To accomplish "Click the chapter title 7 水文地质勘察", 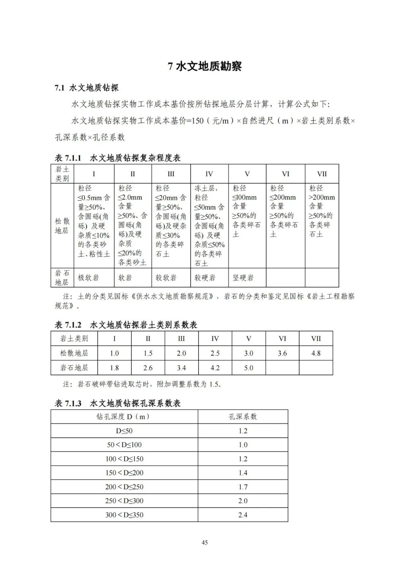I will (x=205, y=66).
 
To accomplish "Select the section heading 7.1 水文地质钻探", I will (x=87, y=88).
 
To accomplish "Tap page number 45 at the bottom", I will (x=205, y=542).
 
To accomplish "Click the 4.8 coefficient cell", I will (x=316, y=353).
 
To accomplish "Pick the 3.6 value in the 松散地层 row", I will (x=282, y=353).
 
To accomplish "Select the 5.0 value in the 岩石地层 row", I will (x=249, y=368).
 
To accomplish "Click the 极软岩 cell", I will (x=88, y=278).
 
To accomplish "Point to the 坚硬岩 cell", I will (x=243, y=278).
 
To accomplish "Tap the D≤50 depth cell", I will (x=124, y=431).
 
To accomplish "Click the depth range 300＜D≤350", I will (x=124, y=515).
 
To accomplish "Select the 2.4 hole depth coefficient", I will (x=243, y=515).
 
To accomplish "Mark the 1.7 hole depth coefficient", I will (x=243, y=487).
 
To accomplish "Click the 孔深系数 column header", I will (x=243, y=417).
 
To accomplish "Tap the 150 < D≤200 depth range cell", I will (x=124, y=473).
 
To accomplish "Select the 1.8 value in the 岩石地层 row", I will (x=114, y=368).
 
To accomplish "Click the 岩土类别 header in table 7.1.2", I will (x=74, y=338).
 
